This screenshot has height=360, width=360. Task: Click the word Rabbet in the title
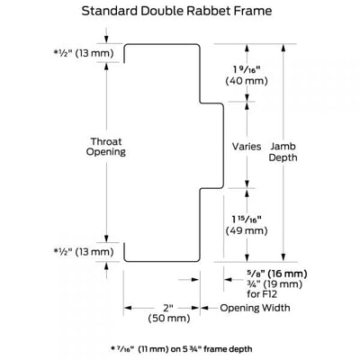[203, 11]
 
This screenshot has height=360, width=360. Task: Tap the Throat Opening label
[106, 147]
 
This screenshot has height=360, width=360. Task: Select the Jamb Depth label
[283, 152]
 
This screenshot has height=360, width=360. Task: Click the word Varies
[247, 147]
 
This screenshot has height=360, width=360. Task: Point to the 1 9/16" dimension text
[247, 70]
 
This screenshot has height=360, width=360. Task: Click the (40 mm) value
[247, 81]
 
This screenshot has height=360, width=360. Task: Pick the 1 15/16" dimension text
[247, 220]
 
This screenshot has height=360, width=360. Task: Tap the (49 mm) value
[247, 230]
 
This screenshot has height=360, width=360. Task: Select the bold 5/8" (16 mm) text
[277, 274]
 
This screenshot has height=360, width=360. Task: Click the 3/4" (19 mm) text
[274, 283]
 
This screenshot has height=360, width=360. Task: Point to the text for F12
[262, 294]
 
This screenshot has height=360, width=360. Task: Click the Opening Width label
[255, 308]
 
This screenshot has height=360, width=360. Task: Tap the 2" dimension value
[169, 308]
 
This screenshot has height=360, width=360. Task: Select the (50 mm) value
[169, 319]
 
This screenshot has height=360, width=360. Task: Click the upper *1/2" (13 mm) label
[84, 53]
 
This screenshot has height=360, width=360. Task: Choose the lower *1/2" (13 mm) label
[84, 251]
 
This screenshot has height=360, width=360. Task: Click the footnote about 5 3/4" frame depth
[182, 349]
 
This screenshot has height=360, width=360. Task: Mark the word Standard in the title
[109, 11]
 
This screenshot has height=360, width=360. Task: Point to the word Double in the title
[162, 11]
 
